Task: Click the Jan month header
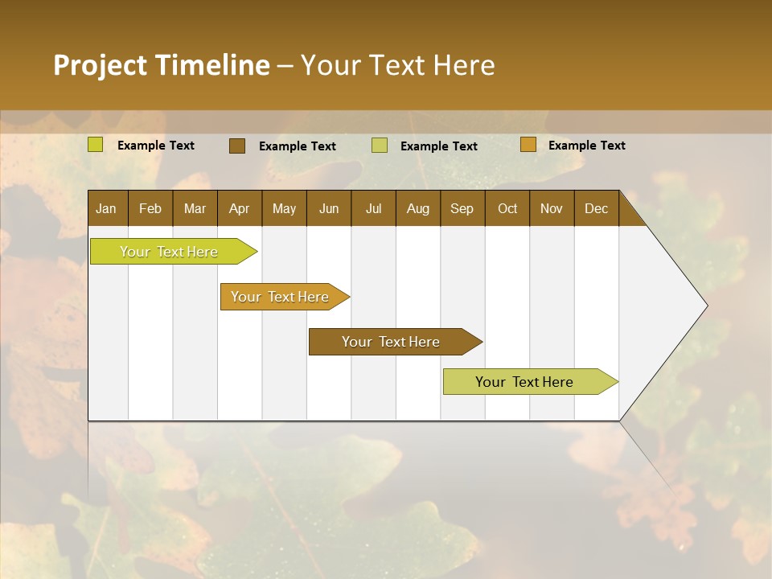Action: click(107, 208)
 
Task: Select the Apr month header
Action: click(240, 208)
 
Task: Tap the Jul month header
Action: click(373, 208)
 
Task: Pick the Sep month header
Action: click(462, 208)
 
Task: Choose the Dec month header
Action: click(596, 208)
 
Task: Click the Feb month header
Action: click(150, 208)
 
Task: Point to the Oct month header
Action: click(507, 208)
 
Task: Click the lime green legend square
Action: click(96, 145)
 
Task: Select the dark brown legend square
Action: click(237, 146)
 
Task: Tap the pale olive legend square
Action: click(380, 146)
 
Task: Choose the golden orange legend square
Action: click(528, 145)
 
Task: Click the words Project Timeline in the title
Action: click(161, 65)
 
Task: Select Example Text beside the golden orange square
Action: click(586, 146)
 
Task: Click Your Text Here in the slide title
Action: click(398, 65)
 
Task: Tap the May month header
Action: click(284, 208)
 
